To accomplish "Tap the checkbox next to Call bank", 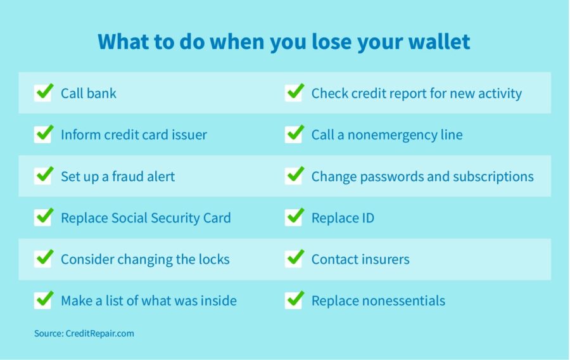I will (42, 93).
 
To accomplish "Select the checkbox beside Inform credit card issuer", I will (42, 134).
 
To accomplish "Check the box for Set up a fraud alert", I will (42, 176).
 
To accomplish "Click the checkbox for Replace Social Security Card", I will (42, 218).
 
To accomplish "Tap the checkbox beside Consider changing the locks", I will (42, 259).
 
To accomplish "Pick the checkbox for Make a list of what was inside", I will (42, 300).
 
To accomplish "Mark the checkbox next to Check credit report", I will (294, 93).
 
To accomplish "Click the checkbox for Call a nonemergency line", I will (294, 134).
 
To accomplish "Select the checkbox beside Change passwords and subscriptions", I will (294, 176).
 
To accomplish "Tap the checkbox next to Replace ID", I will (294, 218).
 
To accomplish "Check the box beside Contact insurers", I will (294, 259).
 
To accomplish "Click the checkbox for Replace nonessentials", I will (294, 300).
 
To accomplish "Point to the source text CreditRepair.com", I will (99, 333).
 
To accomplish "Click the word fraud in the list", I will (127, 176).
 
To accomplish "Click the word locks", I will (213, 259).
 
